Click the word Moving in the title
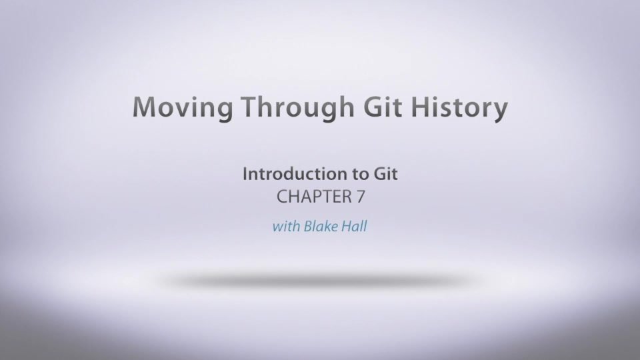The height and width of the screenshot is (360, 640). pos(183,108)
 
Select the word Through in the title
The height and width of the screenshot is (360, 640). pos(297,108)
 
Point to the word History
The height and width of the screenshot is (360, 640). pos(459,108)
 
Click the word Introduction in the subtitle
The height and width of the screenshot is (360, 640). pos(292,174)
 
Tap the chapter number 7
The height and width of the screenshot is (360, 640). pos(361,197)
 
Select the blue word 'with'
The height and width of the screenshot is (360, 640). pos(286,226)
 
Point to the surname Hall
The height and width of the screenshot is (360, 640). pos(354,226)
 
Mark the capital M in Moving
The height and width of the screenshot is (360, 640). pos(145,107)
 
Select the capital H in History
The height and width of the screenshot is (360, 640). pos(421,107)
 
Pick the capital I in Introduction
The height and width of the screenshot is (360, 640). pos(245,174)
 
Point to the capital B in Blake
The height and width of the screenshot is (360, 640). pos(308,226)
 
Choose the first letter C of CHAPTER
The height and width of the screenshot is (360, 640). pos(283,197)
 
